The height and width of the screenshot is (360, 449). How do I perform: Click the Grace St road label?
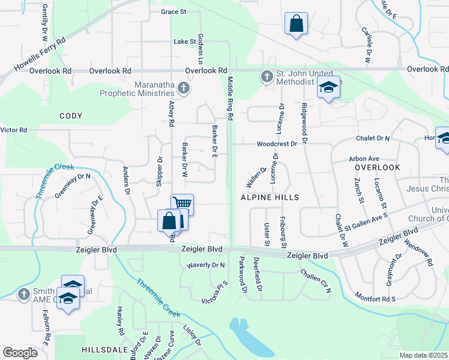click(x=174, y=11)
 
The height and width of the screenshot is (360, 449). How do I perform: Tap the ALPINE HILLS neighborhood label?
click(x=270, y=197)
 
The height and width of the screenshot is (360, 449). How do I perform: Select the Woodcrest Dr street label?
click(x=277, y=144)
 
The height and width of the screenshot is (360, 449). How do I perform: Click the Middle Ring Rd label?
click(x=229, y=96)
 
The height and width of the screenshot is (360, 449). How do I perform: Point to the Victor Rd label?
click(x=14, y=130)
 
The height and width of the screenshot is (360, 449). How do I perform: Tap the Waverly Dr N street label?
click(x=205, y=265)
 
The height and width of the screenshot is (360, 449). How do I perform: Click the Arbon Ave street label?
click(x=364, y=159)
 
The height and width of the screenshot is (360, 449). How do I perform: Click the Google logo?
click(x=20, y=353)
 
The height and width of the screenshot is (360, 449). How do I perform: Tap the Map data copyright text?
click(x=423, y=355)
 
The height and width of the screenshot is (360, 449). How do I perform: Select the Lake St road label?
click(x=185, y=42)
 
